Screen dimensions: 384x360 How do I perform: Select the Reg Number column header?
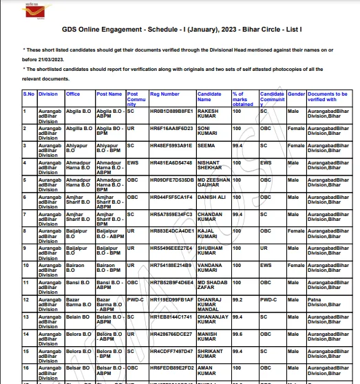pyautogui.click(x=165, y=94)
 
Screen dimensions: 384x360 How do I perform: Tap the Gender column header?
pyautogui.click(x=296, y=94)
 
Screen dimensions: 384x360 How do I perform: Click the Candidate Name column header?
pyautogui.click(x=209, y=97)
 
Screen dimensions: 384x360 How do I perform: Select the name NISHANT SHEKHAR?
pyautogui.click(x=210, y=166)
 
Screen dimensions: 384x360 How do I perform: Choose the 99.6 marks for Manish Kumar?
pyautogui.click(x=237, y=334)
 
